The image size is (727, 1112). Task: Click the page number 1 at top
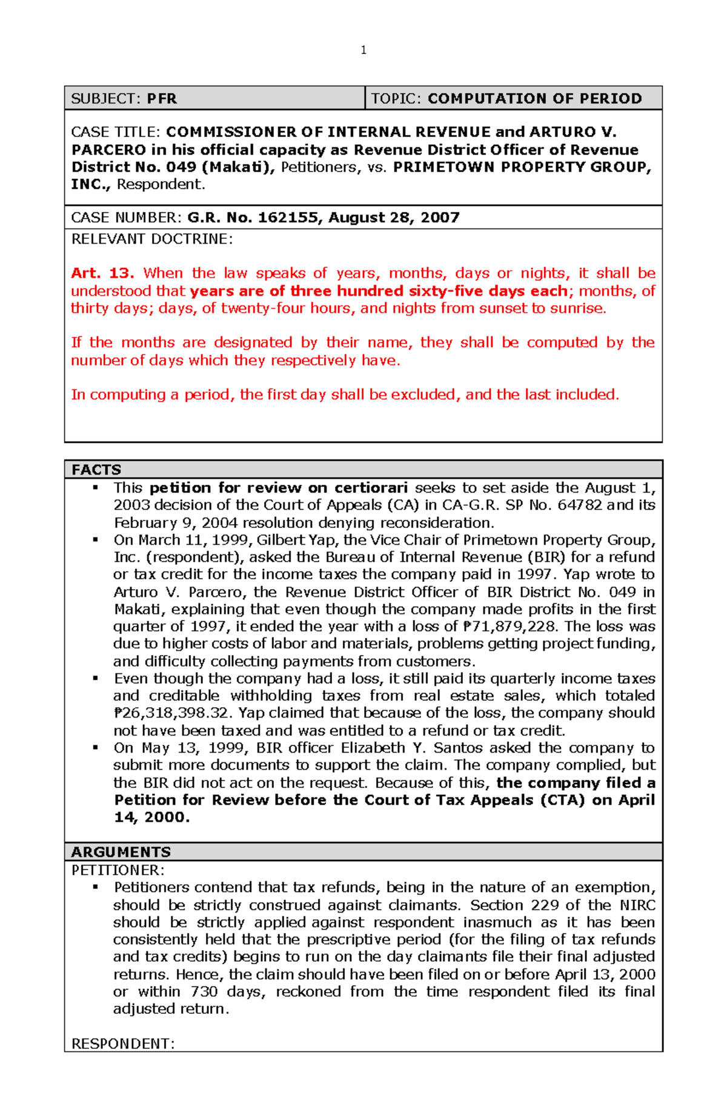(363, 50)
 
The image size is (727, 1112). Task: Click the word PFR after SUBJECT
(162, 99)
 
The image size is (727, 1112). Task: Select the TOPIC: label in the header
(396, 99)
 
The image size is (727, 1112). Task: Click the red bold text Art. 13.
(102, 273)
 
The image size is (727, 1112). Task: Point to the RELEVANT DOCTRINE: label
(151, 239)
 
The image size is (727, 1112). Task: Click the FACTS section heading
(96, 470)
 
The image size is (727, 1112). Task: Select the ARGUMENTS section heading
(121, 851)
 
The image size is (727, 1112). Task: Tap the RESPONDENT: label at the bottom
(123, 1044)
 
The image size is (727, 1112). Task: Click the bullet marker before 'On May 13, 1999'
(95, 748)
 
